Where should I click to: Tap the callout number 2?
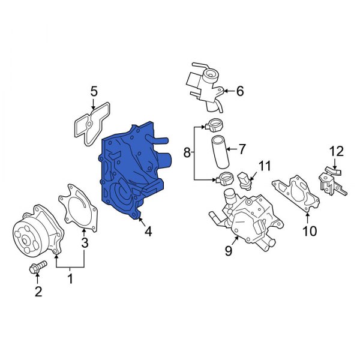[38, 292]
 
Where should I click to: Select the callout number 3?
[85, 243]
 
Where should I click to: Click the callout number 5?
[94, 91]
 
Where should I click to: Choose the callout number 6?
[239, 91]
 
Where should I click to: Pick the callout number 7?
[242, 148]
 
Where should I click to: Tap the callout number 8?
[187, 154]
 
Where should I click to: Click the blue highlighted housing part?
[129, 171]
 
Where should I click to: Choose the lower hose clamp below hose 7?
[226, 178]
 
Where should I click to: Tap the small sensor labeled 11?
[245, 179]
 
